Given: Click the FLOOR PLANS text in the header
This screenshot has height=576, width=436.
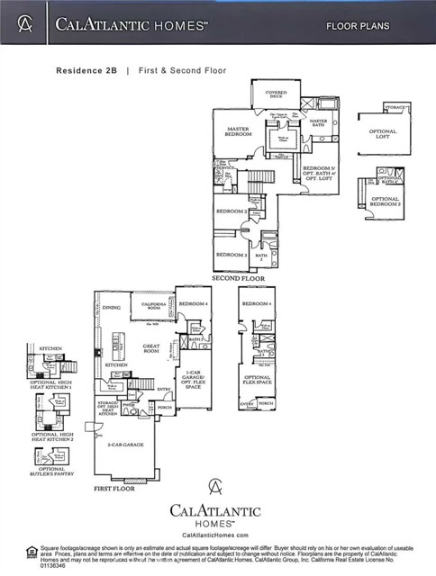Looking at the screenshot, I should (358, 26).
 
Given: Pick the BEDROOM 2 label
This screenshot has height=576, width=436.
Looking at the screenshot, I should (232, 211).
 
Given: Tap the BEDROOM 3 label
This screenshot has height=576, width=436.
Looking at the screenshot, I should (232, 255).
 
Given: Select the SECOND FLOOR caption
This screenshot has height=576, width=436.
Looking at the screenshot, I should (237, 278).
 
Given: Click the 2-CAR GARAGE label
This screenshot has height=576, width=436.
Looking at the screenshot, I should (125, 444).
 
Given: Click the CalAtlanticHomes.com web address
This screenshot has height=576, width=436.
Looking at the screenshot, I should (216, 534).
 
